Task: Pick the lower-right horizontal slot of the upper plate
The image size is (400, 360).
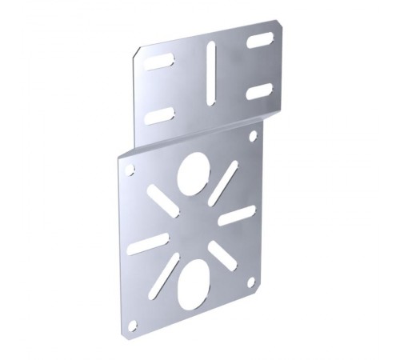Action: point(258,90)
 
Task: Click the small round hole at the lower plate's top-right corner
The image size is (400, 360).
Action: point(253,137)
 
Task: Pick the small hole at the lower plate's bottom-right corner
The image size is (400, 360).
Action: point(252,284)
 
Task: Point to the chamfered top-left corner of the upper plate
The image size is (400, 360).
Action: point(136,54)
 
